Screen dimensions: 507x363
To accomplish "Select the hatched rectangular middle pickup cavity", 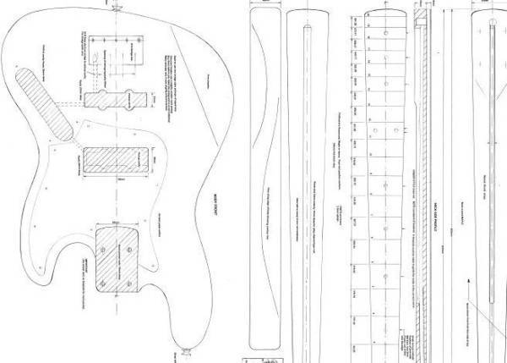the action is [x=115, y=158].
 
